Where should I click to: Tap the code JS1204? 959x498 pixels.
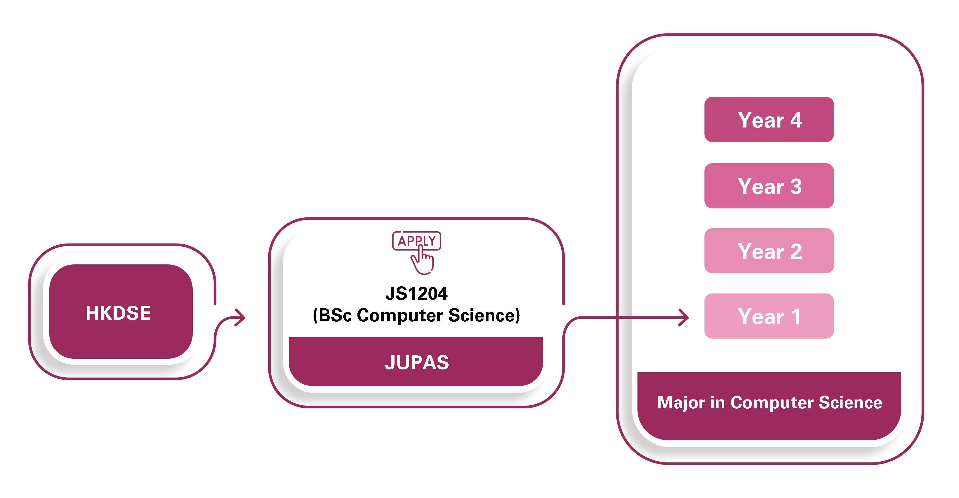point(416,293)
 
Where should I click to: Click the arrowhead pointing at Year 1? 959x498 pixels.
point(684,317)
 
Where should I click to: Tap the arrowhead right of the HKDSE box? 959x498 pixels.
point(240,317)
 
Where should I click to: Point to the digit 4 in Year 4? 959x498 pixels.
point(796,120)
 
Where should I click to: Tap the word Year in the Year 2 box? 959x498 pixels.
point(760,251)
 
